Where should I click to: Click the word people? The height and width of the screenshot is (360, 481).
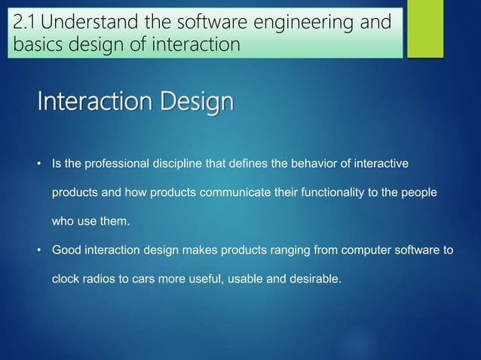tap(418, 193)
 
